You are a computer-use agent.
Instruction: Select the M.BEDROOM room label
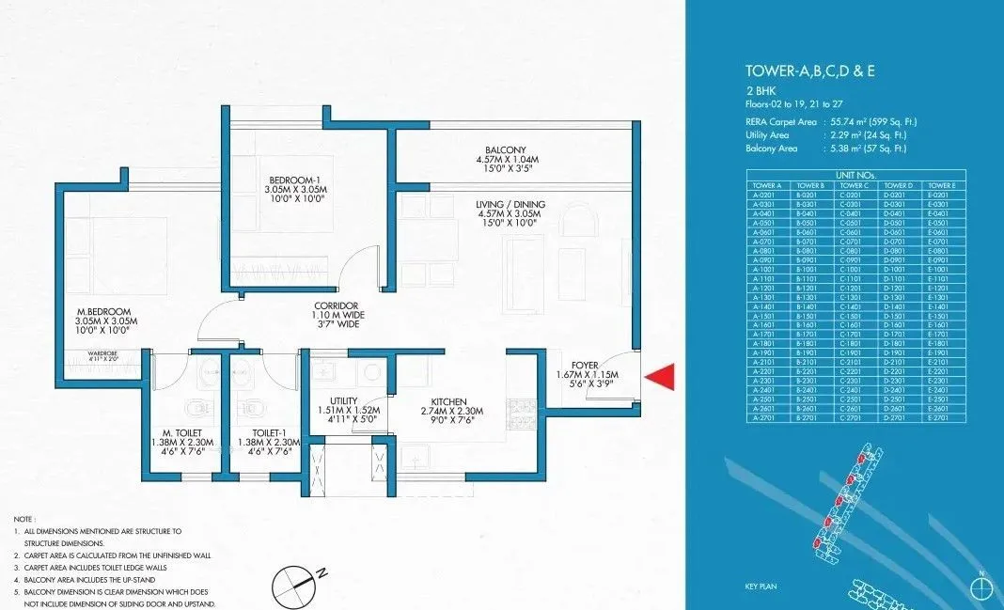(104, 311)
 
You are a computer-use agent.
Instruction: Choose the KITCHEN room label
(449, 401)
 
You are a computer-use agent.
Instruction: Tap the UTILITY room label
(344, 401)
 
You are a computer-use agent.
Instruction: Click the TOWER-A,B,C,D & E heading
(809, 70)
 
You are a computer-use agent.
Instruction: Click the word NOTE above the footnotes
(24, 519)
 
